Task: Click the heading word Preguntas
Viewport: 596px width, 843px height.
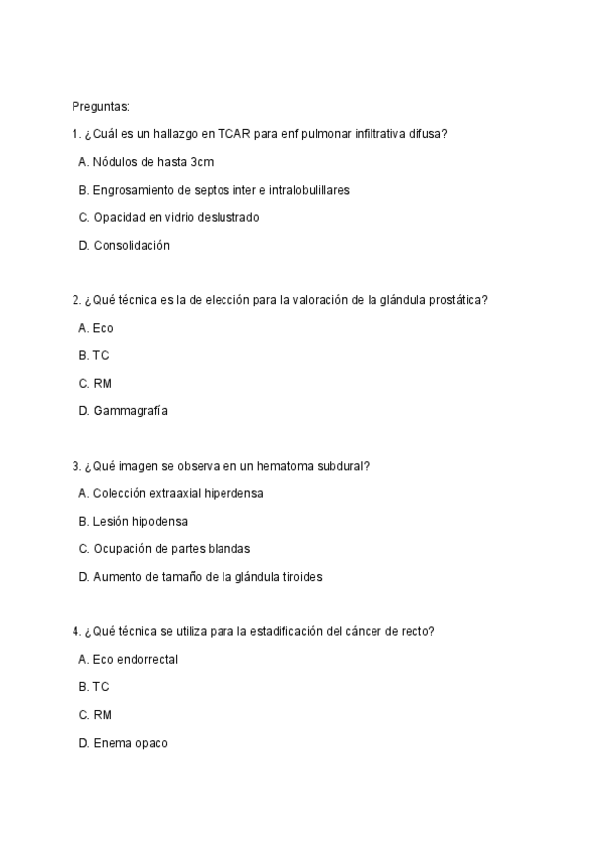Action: tap(100, 106)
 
